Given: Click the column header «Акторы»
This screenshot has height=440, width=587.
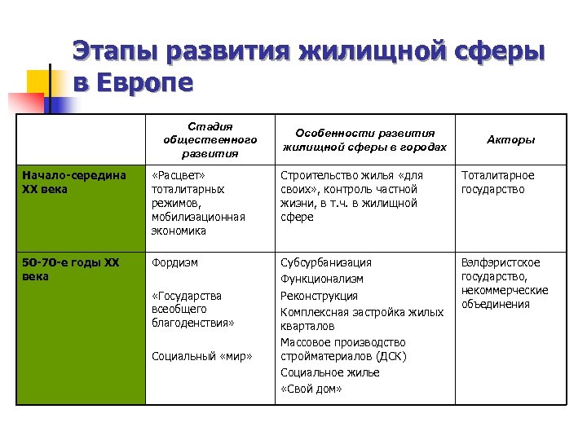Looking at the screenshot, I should click(x=510, y=140).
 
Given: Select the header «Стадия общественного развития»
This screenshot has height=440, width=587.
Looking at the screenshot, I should click(x=210, y=139).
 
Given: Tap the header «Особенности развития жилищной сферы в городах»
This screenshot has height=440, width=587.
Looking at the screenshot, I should click(x=364, y=140).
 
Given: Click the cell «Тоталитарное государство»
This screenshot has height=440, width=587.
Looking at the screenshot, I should click(x=498, y=183).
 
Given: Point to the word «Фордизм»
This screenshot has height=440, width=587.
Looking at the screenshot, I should click(x=174, y=263).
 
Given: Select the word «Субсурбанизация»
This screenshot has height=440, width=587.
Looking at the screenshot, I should click(x=326, y=263).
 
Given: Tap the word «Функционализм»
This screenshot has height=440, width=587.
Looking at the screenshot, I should click(x=321, y=279).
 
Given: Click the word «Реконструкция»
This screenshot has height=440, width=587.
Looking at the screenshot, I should click(x=319, y=296).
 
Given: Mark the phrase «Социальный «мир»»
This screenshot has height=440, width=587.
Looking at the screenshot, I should click(x=202, y=357).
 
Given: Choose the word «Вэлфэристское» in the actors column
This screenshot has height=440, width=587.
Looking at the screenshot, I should click(x=501, y=263).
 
